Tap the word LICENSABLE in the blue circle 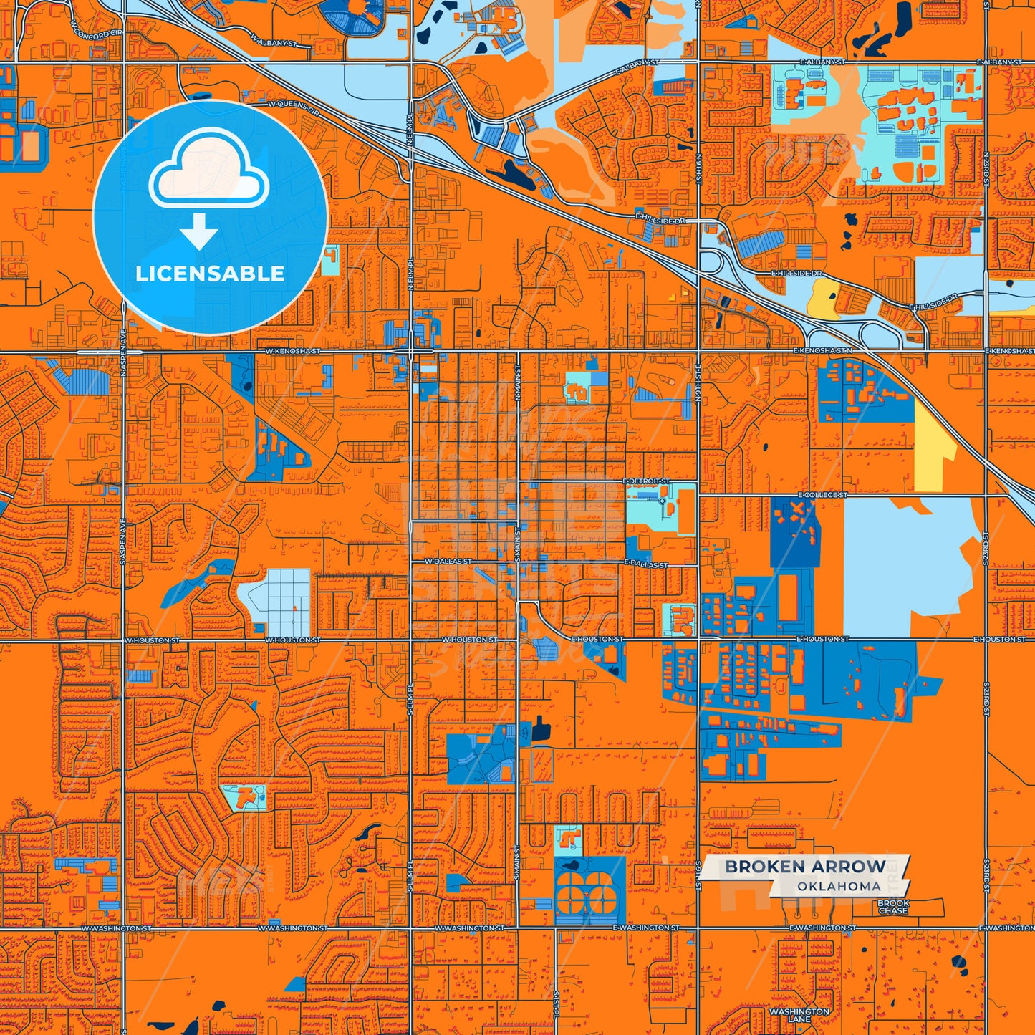tap(210, 274)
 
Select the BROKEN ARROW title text tap(805, 867)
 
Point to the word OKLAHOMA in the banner tap(839, 887)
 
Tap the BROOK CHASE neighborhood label tap(893, 908)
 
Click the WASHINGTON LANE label tap(799, 1015)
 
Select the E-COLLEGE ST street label tap(822, 495)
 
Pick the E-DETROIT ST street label tap(646, 481)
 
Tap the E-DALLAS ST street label tap(646, 564)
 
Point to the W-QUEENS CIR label tap(294, 105)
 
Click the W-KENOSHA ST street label tap(293, 352)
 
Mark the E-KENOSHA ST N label tap(823, 350)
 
